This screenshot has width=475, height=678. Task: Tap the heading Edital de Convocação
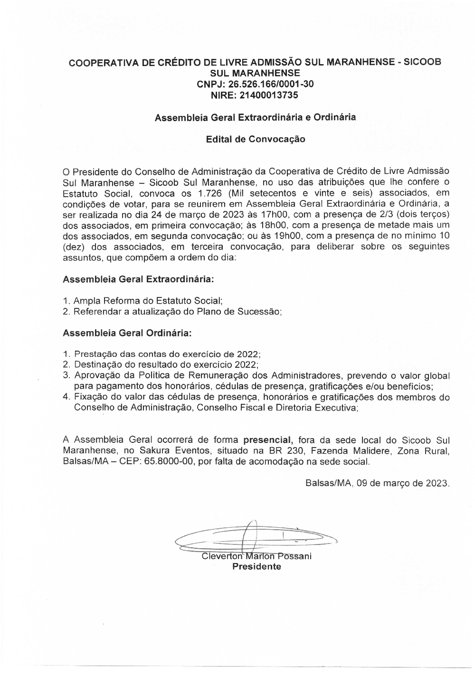pyautogui.click(x=256, y=139)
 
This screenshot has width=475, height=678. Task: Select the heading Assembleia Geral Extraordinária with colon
pyautogui.click(x=138, y=279)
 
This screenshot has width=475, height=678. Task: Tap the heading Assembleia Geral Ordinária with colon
pyautogui.click(x=127, y=333)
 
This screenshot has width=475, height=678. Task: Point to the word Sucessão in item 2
pyautogui.click(x=261, y=312)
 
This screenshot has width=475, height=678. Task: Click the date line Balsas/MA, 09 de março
pyautogui.click(x=377, y=483)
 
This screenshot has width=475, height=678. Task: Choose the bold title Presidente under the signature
pyautogui.click(x=256, y=566)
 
